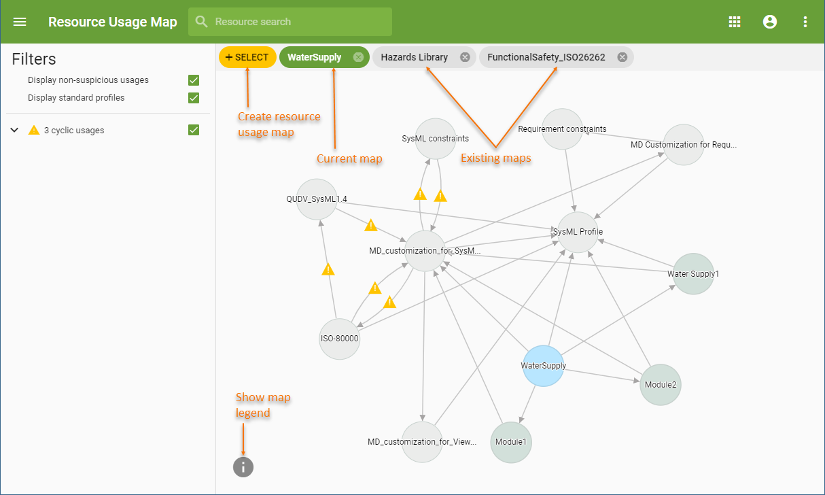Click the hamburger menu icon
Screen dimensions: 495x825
(x=20, y=22)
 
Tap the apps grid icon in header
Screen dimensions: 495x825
(x=735, y=22)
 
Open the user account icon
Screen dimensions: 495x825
(x=770, y=22)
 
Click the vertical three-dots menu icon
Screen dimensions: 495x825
(x=805, y=22)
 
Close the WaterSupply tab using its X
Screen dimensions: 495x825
(x=358, y=57)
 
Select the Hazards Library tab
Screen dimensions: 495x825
(x=414, y=57)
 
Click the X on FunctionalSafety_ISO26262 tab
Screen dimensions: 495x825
(x=622, y=57)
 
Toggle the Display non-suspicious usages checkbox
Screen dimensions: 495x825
(x=194, y=80)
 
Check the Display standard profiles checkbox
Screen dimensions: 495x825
(x=194, y=98)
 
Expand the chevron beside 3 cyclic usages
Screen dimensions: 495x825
(x=14, y=130)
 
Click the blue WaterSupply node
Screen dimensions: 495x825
(x=544, y=366)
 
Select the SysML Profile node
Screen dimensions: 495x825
(x=578, y=232)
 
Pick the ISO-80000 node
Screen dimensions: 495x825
(x=339, y=338)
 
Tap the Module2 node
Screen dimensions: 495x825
(x=660, y=384)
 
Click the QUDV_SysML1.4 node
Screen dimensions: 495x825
(x=317, y=199)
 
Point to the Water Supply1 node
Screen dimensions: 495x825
(x=693, y=274)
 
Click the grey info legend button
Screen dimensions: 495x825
(x=243, y=466)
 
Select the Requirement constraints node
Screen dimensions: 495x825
(x=563, y=129)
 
